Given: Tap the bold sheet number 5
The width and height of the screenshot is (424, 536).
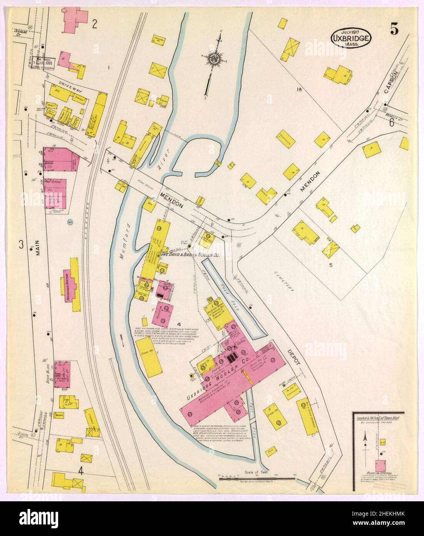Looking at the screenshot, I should (x=394, y=29).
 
